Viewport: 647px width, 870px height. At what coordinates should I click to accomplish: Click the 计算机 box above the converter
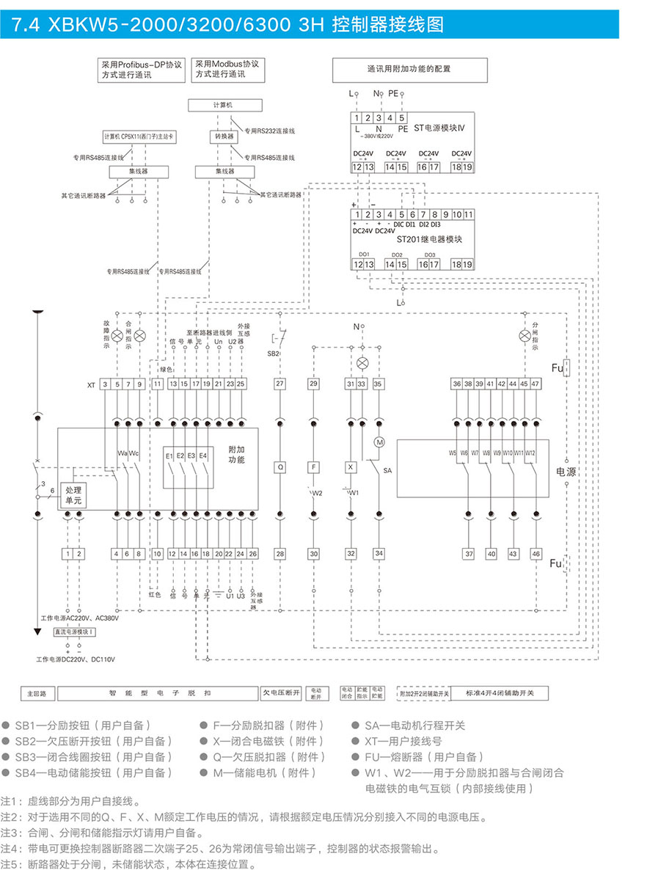coord(225,105)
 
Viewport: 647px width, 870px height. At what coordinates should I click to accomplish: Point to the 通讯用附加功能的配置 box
coord(409,70)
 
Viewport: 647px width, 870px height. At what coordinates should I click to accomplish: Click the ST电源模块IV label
coord(439,129)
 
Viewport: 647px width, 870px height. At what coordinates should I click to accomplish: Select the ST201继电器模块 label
coord(430,239)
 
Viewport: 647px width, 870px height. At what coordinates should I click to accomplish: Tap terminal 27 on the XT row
coord(279,384)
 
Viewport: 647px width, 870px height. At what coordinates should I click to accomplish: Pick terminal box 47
coord(535,384)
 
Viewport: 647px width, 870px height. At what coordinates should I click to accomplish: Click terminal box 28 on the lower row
coord(279,554)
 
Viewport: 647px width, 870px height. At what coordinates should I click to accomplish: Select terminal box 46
coord(536,554)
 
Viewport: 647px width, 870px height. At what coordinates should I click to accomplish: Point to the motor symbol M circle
coord(380,442)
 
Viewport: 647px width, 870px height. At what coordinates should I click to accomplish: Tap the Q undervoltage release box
coord(279,467)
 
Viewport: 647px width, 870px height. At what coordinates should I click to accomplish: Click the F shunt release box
coord(313,467)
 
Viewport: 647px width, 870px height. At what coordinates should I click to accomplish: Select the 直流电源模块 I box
coord(72,632)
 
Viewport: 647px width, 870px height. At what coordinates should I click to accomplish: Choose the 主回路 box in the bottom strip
coord(37,692)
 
